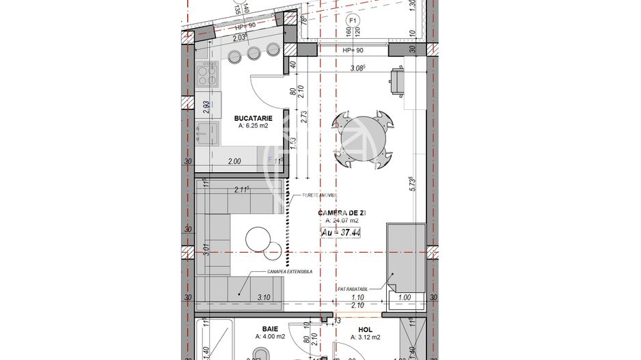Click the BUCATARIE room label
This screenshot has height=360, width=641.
tap(253, 117)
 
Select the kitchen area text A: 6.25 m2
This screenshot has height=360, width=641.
tap(253, 126)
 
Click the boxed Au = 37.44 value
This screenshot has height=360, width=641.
tap(341, 232)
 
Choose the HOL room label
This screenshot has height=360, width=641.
tap(365, 328)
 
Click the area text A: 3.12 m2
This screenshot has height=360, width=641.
tap(365, 337)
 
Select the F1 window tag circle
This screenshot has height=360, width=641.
tap(353, 21)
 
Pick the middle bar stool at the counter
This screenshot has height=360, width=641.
tap(254, 53)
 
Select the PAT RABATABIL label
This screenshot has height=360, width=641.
tap(353, 289)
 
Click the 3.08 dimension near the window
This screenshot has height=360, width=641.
tap(357, 68)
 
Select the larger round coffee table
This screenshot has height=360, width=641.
tap(258, 239)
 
